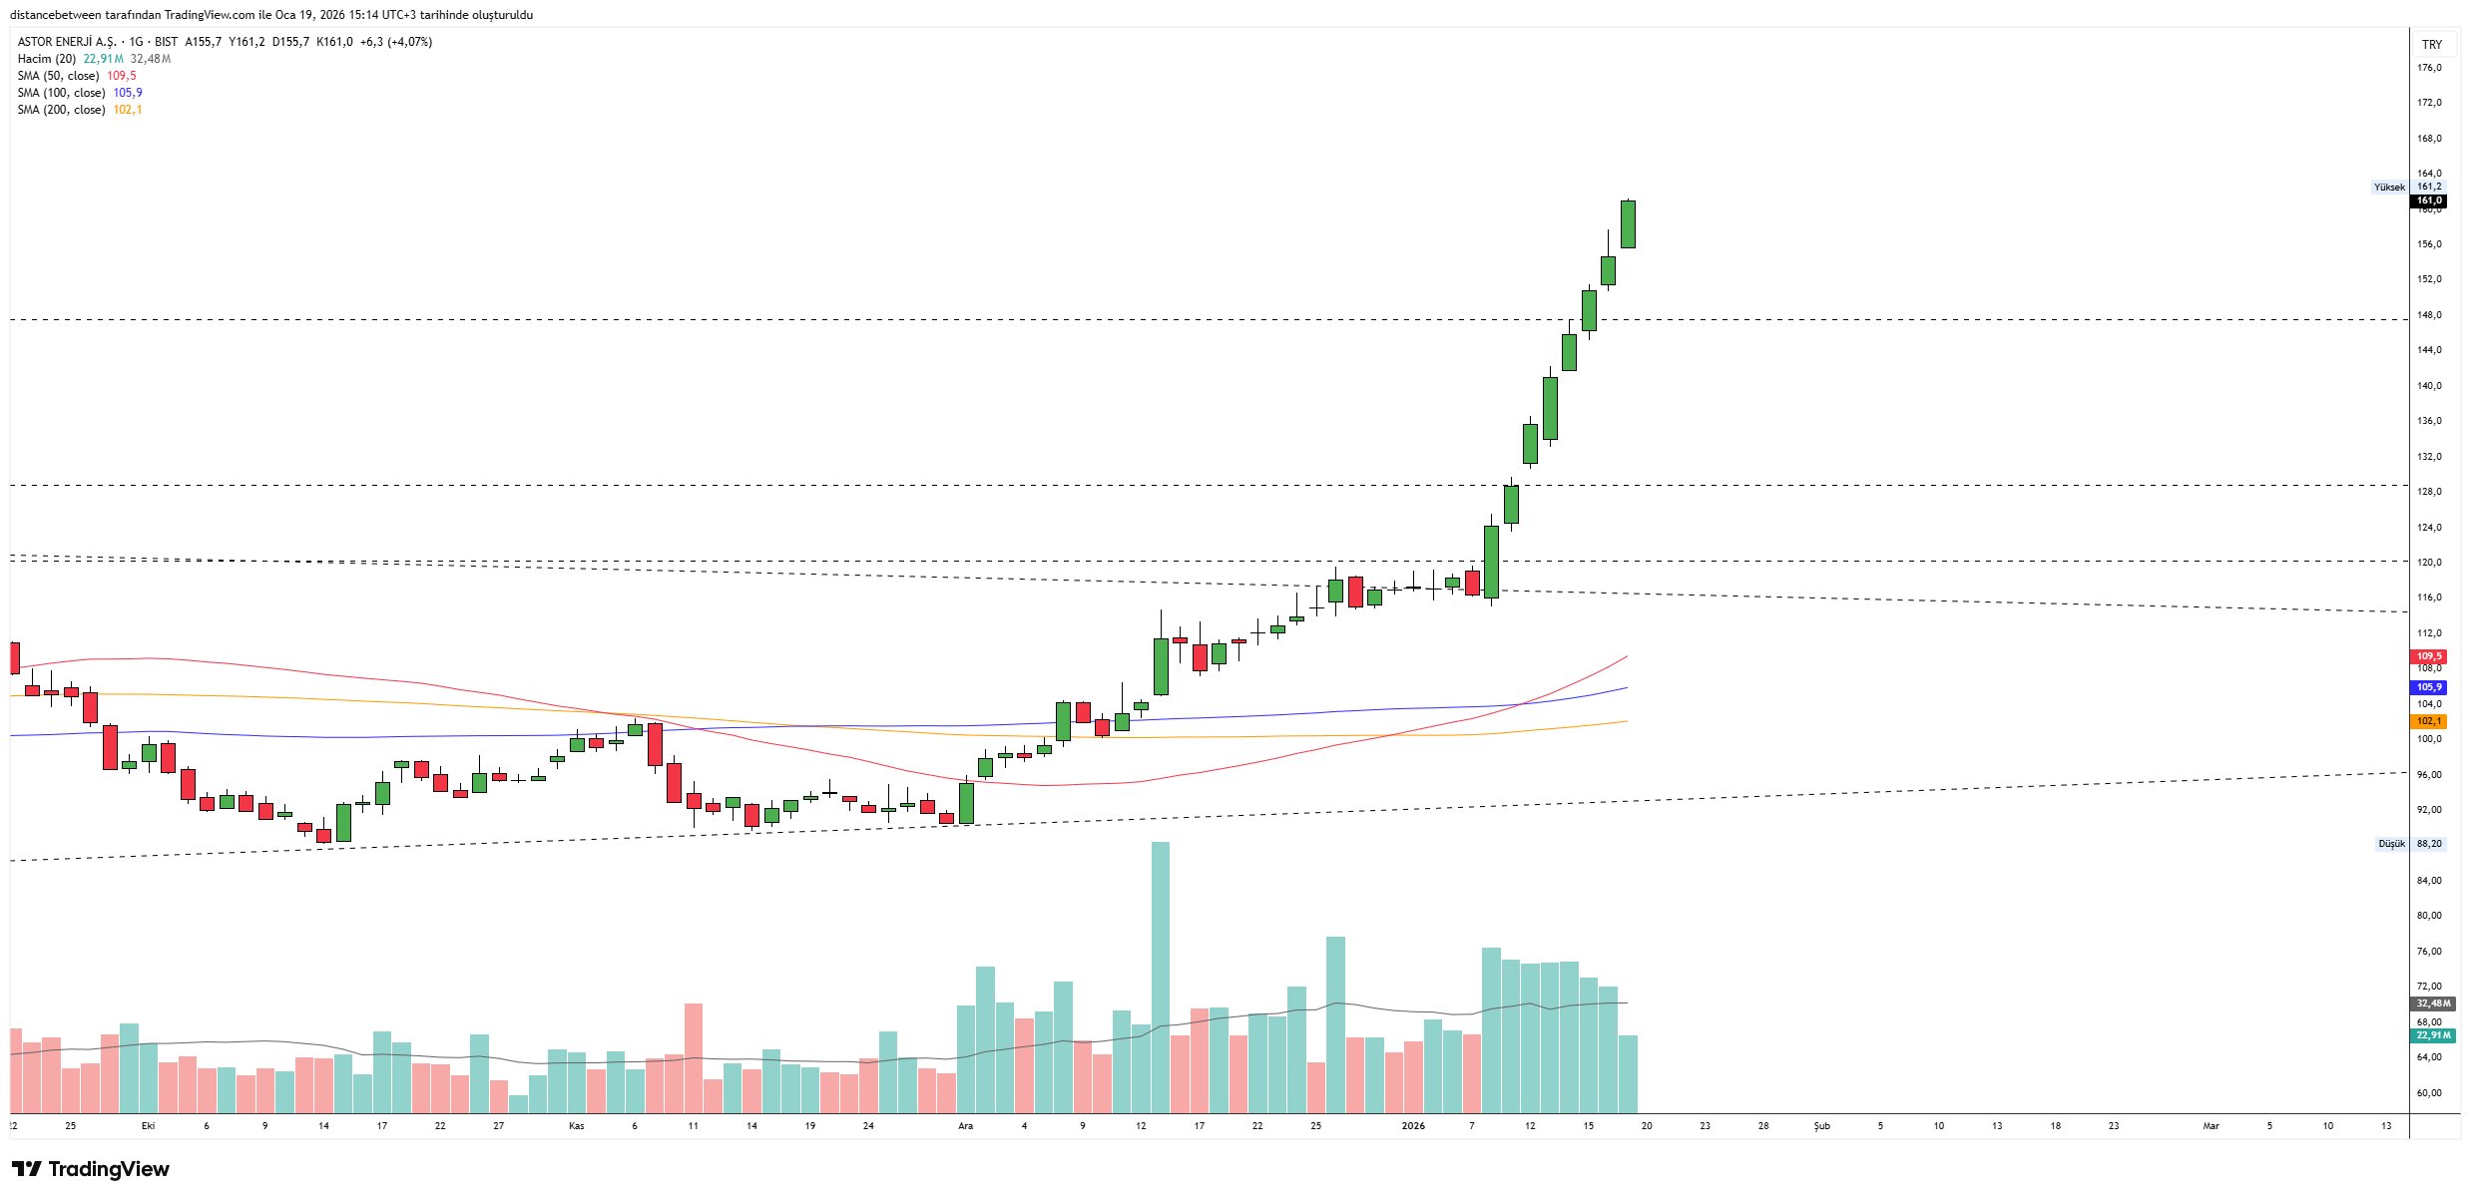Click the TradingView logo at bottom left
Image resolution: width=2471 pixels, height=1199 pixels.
point(91,1169)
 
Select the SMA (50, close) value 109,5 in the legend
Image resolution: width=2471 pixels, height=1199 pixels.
point(122,76)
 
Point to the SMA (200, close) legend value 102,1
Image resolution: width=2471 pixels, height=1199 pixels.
point(128,110)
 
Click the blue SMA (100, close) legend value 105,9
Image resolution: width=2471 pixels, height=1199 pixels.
point(128,93)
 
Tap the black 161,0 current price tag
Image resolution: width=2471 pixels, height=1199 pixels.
point(2429,200)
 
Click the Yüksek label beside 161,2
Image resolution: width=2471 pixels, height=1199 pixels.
point(2389,187)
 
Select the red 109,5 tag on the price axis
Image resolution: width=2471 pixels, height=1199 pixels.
point(2429,656)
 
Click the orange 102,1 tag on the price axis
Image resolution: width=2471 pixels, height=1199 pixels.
point(2429,721)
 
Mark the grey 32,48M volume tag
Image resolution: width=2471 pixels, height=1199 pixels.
point(2433,1003)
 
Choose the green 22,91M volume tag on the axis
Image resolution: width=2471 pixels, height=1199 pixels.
point(2433,1035)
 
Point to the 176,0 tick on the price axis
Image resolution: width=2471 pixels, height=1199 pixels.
point(2429,68)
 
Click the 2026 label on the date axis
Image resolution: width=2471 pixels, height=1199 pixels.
point(1413,1126)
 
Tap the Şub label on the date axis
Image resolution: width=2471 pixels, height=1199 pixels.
point(1821,1126)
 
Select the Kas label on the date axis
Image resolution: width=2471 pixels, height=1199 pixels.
point(577,1126)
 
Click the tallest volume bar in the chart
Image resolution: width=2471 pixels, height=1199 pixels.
point(1161,978)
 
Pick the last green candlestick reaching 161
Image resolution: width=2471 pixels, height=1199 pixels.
point(1628,224)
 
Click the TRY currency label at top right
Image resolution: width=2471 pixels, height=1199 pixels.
point(2432,45)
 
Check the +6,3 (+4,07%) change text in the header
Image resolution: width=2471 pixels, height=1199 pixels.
point(396,42)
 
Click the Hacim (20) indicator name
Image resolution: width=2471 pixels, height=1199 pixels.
point(47,59)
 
